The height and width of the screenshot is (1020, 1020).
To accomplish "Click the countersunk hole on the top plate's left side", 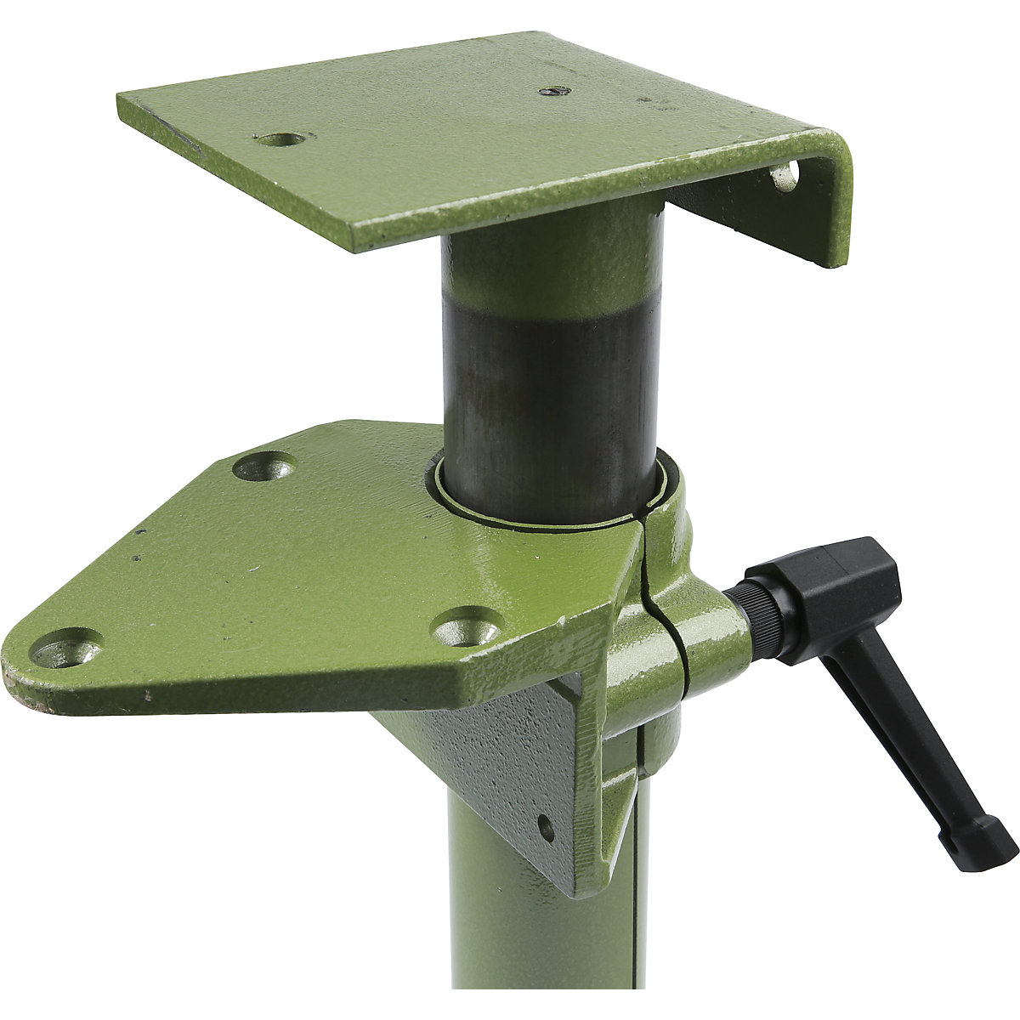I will point(280,139).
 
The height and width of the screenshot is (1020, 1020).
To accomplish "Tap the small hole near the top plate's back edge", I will point(553,91).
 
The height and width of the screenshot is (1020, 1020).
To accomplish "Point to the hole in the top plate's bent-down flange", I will point(783,177).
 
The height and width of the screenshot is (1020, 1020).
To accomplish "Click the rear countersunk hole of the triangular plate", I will point(264,466).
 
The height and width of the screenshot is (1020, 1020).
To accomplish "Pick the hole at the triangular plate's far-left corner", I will point(66,649).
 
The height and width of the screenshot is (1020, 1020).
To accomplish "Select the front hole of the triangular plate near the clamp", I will point(466,630).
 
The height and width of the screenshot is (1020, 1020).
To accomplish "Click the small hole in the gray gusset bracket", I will point(546,827).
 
